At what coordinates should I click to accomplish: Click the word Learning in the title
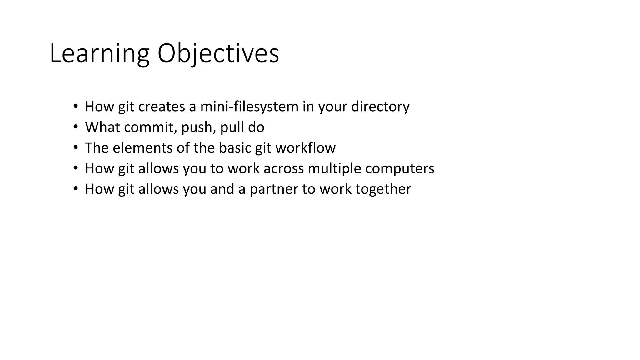click(x=99, y=54)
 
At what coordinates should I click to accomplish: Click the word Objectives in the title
click(x=218, y=54)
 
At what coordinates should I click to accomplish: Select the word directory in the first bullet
click(x=380, y=107)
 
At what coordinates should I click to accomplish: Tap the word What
click(x=101, y=127)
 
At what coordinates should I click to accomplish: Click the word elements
click(x=142, y=148)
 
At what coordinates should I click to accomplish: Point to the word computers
click(x=400, y=168)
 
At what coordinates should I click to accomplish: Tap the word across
click(x=283, y=168)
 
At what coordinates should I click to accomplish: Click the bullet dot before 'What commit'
click(x=75, y=127)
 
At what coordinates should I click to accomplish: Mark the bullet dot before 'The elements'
click(x=75, y=147)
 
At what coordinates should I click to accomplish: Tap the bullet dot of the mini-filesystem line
click(x=75, y=106)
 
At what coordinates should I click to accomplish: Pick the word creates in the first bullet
click(x=162, y=107)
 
